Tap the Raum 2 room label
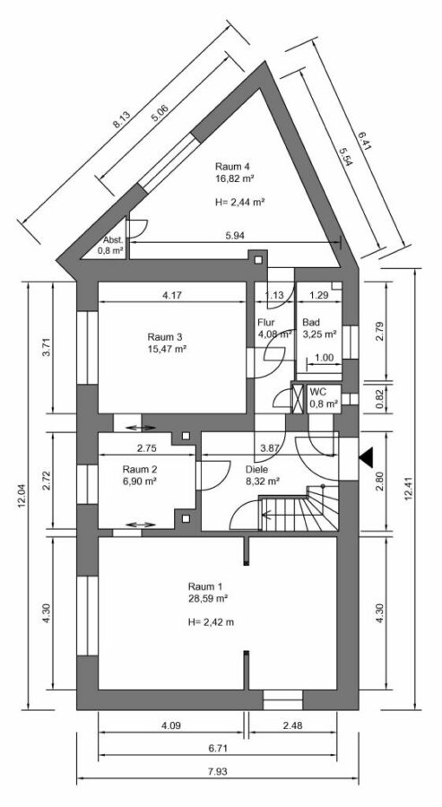click(x=140, y=469)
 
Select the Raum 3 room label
click(x=165, y=337)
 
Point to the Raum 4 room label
click(x=231, y=166)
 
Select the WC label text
click(x=317, y=392)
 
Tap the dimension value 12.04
click(x=20, y=493)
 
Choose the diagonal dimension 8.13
click(x=121, y=123)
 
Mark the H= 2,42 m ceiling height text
click(x=212, y=620)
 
